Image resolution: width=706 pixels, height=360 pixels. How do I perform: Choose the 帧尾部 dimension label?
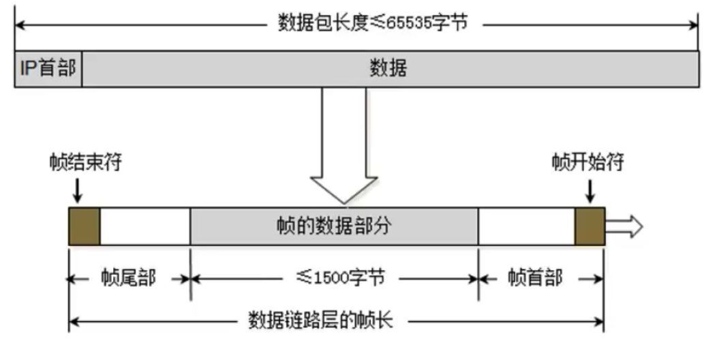(x=128, y=278)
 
